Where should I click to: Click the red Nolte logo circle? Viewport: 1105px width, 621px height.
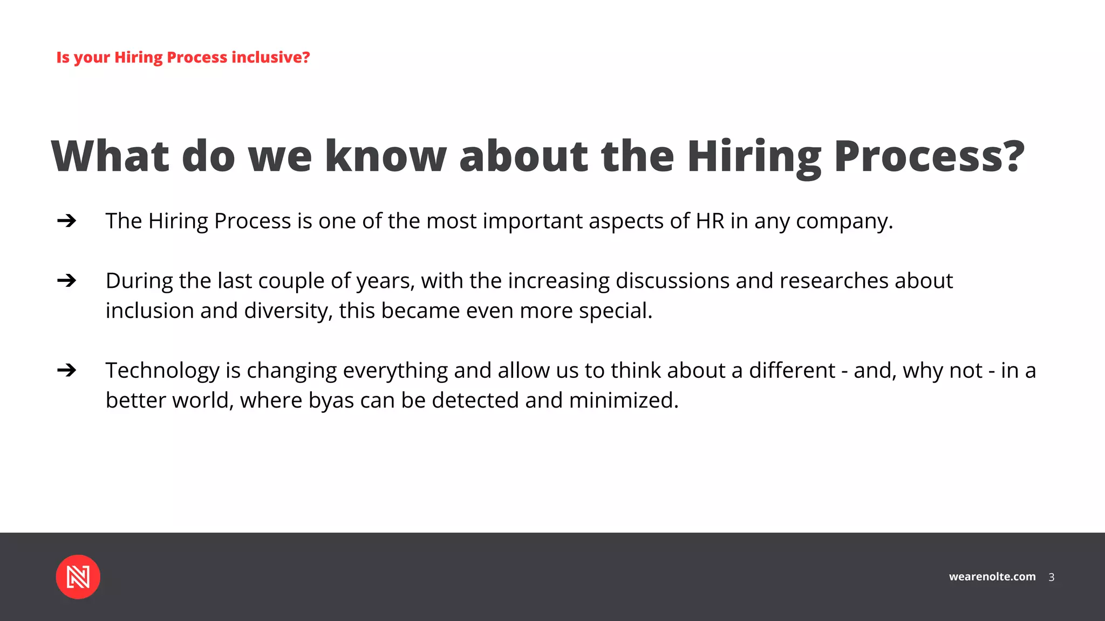78,577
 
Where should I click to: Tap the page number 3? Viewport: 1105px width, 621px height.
1051,577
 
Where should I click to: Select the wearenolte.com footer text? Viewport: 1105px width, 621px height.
992,577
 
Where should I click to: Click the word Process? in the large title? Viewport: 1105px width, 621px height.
929,156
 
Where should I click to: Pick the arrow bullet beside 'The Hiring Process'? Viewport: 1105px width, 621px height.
66,220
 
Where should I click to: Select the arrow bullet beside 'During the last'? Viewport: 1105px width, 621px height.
66,280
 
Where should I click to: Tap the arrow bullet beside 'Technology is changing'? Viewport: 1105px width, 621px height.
66,370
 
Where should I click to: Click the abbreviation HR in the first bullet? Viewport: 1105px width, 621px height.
710,221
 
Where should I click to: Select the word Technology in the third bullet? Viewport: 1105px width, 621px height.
162,371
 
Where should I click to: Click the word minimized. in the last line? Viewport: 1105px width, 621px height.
624,401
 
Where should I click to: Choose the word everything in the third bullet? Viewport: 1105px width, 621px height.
395,371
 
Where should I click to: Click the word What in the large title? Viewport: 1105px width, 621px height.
110,156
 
